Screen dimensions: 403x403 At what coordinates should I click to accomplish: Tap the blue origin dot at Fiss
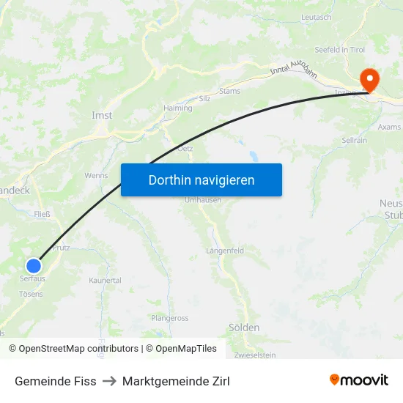point(34,266)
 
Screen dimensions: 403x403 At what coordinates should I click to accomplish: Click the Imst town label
point(102,115)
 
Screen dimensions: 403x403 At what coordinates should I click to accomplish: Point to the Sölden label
point(243,328)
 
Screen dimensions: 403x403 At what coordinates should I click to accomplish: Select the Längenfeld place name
point(225,251)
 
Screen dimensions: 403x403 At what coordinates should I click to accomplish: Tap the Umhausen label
point(203,200)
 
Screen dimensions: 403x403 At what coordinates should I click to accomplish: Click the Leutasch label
point(316,17)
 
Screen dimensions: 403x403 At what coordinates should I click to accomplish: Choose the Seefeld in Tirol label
point(339,49)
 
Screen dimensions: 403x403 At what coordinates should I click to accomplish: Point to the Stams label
point(229,92)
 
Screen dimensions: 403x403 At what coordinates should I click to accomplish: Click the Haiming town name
point(178,108)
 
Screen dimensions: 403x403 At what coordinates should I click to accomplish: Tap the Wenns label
point(96,176)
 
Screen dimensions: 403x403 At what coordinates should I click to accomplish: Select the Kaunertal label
point(105,281)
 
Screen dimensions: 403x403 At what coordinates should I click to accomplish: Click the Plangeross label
point(169,318)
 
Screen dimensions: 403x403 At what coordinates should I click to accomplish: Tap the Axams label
point(389,127)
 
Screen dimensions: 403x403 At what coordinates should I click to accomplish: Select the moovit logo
point(359,380)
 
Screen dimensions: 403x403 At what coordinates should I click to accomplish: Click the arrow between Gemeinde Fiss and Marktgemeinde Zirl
point(109,381)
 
